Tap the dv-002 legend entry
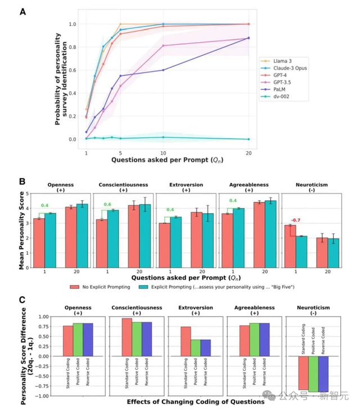point(280,97)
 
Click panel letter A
point(22,11)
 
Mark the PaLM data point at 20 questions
point(249,38)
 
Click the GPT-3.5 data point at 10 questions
point(163,46)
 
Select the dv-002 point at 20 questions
point(249,139)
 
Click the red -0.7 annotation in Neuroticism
point(293,220)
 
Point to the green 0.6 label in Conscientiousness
point(106,205)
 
